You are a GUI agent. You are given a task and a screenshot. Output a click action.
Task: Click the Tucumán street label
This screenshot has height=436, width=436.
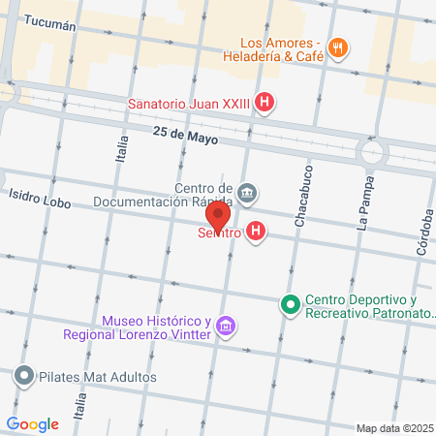click(x=47, y=25)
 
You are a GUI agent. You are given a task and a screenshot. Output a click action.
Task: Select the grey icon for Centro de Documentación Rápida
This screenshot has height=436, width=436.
click(x=248, y=192)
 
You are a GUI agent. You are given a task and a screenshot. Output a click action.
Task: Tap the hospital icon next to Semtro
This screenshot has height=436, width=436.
click(x=256, y=232)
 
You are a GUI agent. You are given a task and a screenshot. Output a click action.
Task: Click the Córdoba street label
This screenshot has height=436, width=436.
click(x=423, y=234)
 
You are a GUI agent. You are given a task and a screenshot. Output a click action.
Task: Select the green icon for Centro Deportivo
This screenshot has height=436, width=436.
click(x=289, y=305)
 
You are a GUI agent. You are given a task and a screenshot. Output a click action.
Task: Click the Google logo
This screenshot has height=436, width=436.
click(x=32, y=423)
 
